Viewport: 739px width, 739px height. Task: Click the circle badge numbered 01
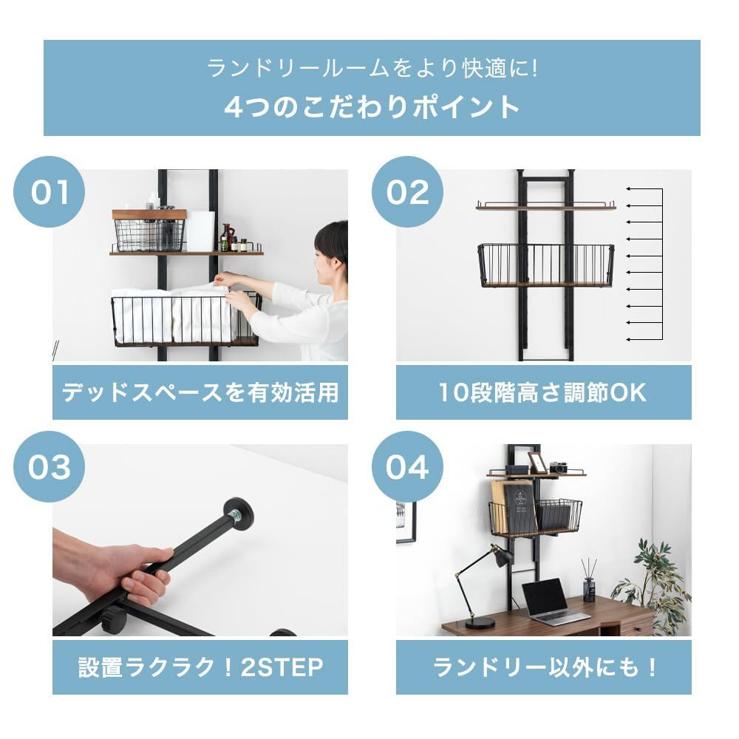click(x=49, y=192)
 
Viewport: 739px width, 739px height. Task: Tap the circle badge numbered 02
click(x=407, y=192)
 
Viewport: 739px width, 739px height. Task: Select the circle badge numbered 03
click(x=49, y=466)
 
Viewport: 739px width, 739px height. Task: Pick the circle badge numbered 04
click(x=407, y=466)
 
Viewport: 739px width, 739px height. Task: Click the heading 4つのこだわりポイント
click(x=372, y=107)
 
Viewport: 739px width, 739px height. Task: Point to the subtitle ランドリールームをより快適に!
click(x=372, y=69)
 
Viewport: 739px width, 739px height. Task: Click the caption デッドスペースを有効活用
click(x=200, y=392)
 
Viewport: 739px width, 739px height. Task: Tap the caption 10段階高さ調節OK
click(x=543, y=392)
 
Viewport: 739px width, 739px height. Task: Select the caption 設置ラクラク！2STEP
click(x=200, y=667)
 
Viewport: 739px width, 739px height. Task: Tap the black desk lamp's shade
click(x=503, y=556)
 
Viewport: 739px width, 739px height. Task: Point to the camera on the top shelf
click(x=558, y=467)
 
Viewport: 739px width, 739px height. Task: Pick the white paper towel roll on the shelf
click(x=200, y=231)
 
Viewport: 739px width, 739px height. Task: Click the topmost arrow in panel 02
click(x=644, y=189)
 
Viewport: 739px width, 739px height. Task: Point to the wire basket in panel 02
click(x=546, y=265)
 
